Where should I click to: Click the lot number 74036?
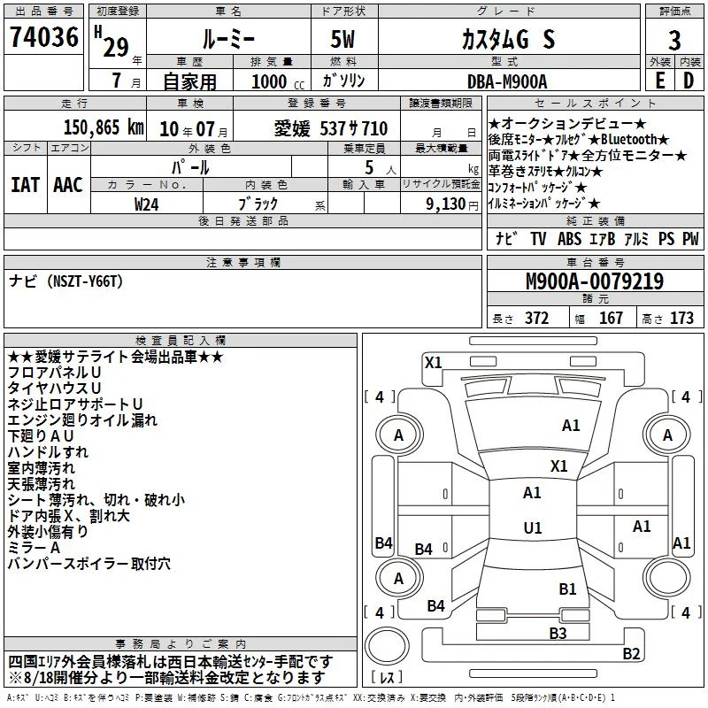pyautogui.click(x=44, y=37)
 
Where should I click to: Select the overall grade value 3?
pyautogui.click(x=674, y=41)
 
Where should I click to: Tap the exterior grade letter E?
pyautogui.click(x=660, y=81)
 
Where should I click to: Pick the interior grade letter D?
pyautogui.click(x=689, y=81)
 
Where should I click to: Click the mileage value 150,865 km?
pyautogui.click(x=104, y=127)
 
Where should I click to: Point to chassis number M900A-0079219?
pyautogui.click(x=595, y=281)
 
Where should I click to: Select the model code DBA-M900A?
pyautogui.click(x=507, y=81)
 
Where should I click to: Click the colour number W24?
pyautogui.click(x=146, y=204)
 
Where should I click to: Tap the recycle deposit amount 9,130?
pyautogui.click(x=446, y=204)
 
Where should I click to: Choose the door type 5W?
pyautogui.click(x=342, y=39)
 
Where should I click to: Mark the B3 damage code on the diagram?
pyautogui.click(x=558, y=633)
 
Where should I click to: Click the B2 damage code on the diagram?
pyautogui.click(x=631, y=653)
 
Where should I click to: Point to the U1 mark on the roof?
pyautogui.click(x=533, y=527)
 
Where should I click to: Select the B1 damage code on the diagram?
pyautogui.click(x=567, y=589)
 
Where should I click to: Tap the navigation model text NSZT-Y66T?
pyautogui.click(x=88, y=281)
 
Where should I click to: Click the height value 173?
pyautogui.click(x=681, y=318)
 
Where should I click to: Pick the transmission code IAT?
pyautogui.click(x=25, y=185)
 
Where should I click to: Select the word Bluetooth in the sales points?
pyautogui.click(x=628, y=139)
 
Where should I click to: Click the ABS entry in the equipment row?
pyautogui.click(x=569, y=239)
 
